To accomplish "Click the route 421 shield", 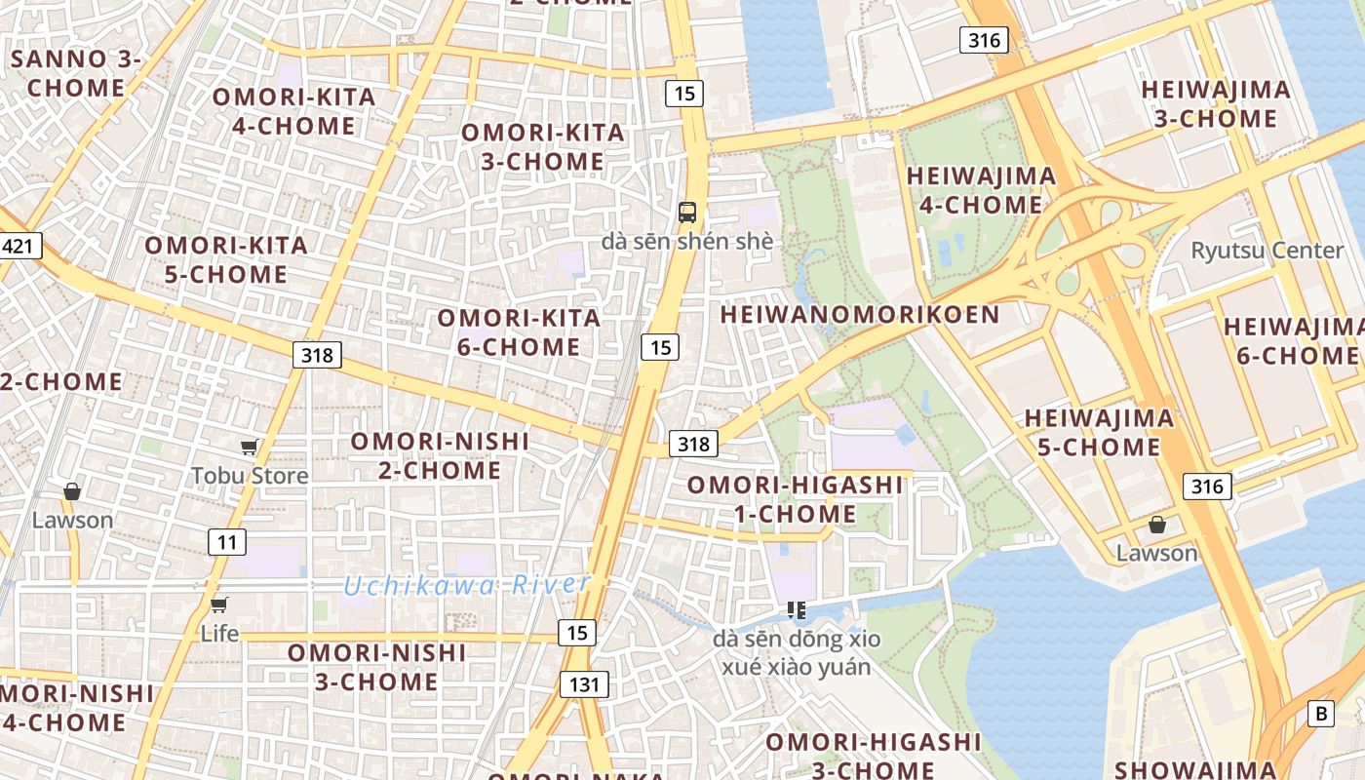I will pos(19,246).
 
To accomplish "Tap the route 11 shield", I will pos(226,542).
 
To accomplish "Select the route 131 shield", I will pos(584,684).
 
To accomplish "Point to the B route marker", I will pos(1321,714).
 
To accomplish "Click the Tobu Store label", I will pos(250,476).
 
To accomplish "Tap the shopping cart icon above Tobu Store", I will pos(250,447).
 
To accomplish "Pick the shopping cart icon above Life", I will pos(219,604).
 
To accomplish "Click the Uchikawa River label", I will pos(467,585).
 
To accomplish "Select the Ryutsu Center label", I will pos(1267,250).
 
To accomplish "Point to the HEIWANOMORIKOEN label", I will pos(860,314).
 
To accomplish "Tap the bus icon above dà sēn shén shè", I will pos(687,212).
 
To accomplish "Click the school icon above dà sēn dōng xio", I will pos(796,610).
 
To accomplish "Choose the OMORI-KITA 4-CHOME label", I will pos(293,111).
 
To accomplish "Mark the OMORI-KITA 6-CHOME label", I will pos(519,331).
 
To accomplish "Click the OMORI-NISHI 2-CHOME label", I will pos(440,455).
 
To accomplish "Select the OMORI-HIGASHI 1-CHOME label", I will pos(795,499).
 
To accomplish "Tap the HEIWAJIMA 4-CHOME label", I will pos(981,190).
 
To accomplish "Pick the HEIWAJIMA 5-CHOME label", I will pos(1098,433).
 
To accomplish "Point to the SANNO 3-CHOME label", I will pos(76,73).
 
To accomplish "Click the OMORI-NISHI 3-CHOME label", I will pos(376,667).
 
